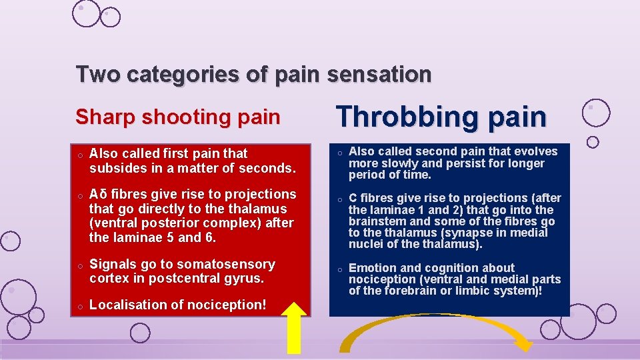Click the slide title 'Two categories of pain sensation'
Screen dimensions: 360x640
coord(253,74)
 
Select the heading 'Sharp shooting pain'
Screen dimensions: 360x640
coord(177,117)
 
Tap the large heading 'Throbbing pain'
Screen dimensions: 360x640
coord(441,117)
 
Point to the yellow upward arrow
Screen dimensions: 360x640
coord(297,327)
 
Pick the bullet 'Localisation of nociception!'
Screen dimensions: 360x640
coord(177,305)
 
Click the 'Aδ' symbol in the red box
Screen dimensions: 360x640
coord(99,194)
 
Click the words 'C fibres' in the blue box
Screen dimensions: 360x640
coord(371,198)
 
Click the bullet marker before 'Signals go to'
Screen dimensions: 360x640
coord(79,265)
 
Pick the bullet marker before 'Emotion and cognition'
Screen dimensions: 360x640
coord(339,269)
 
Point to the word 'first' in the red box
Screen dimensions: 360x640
coord(173,154)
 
